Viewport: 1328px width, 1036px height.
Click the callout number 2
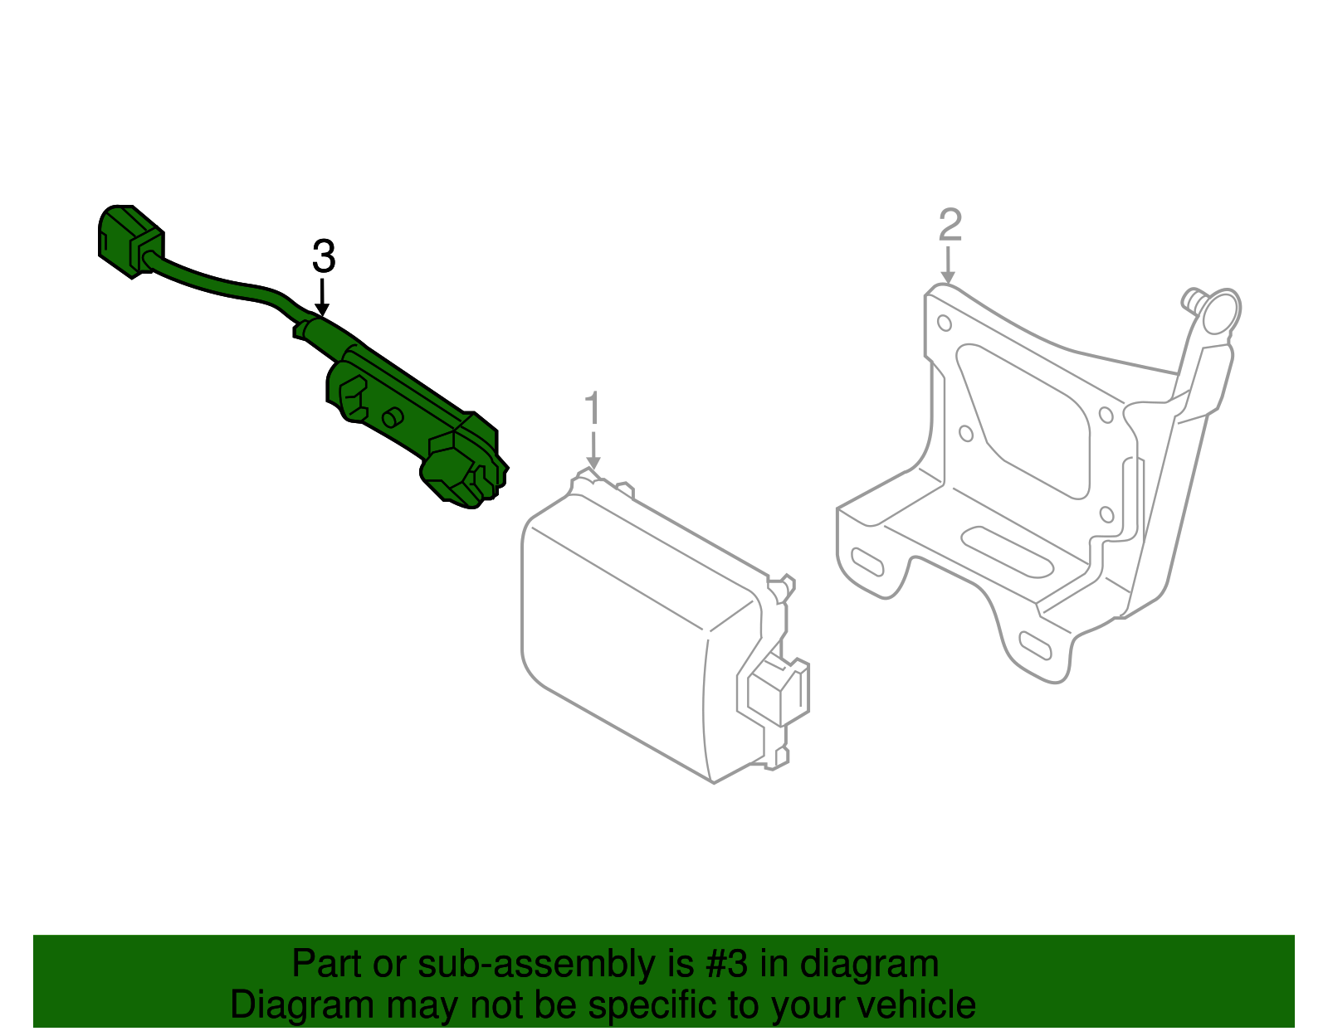click(950, 225)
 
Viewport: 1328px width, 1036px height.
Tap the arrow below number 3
click(322, 299)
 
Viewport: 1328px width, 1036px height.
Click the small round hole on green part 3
click(392, 417)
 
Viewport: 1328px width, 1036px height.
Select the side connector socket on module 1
click(779, 690)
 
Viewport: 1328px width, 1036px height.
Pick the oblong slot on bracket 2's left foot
click(868, 562)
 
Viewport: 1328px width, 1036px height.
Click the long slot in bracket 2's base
click(1007, 551)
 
